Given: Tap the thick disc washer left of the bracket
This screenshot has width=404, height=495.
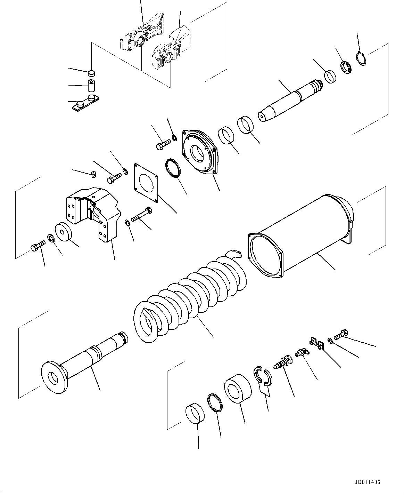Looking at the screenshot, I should point(63,231).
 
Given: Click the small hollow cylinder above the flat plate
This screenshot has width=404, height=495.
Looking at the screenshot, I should point(92,85).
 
